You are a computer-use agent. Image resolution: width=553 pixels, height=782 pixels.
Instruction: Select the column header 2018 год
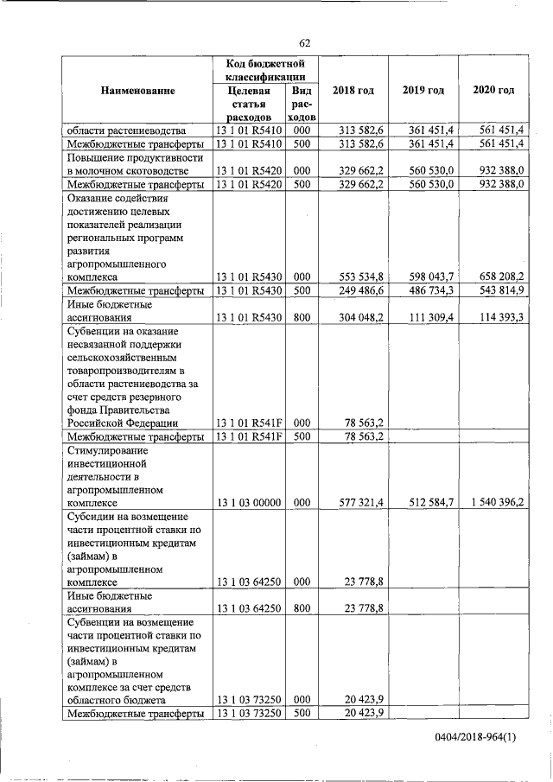354,91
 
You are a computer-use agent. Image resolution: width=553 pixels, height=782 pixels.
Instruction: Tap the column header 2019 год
423,91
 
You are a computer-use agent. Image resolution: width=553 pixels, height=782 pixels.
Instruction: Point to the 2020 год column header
493,91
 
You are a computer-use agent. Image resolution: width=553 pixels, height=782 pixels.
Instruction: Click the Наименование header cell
137,91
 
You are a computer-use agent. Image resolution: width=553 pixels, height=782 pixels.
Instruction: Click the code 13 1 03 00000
250,502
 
